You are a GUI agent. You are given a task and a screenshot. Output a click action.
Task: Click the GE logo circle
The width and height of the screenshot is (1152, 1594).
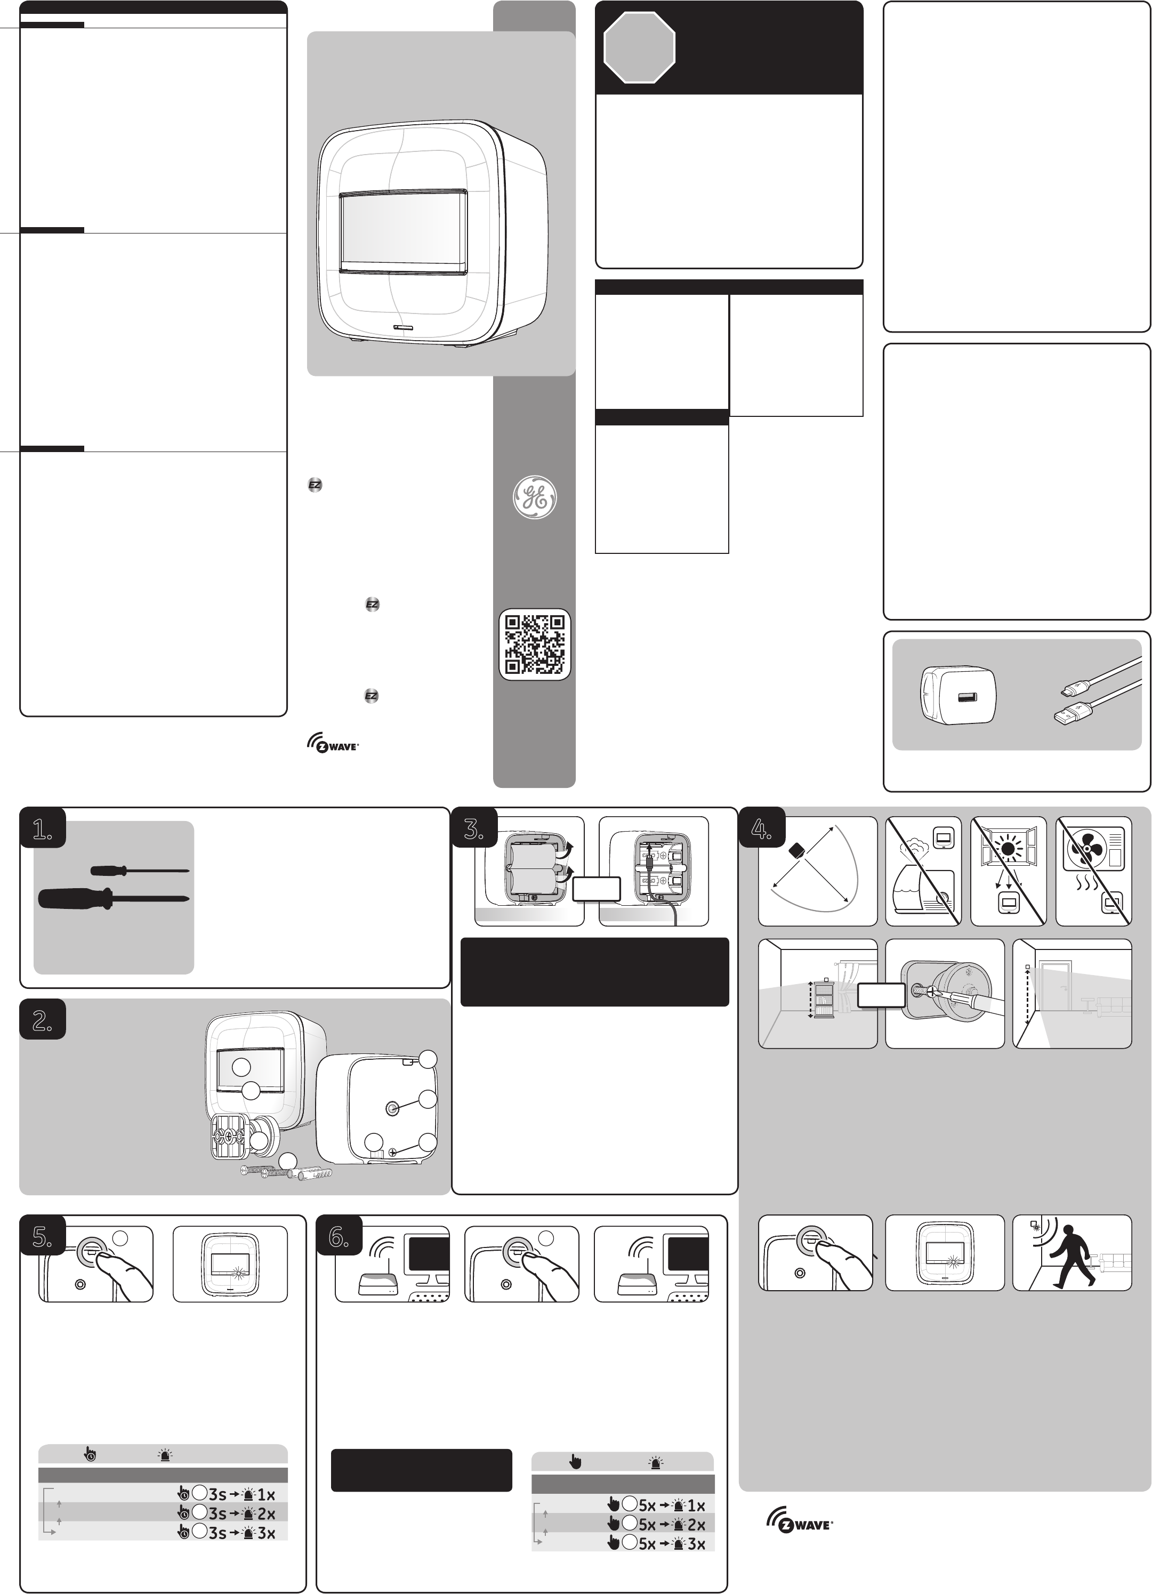[534, 497]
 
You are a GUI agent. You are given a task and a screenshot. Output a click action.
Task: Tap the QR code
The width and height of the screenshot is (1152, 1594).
[535, 645]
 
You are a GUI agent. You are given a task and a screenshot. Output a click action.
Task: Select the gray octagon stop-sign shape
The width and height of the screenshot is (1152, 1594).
[640, 48]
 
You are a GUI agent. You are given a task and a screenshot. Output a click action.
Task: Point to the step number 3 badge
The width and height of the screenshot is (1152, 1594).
[474, 830]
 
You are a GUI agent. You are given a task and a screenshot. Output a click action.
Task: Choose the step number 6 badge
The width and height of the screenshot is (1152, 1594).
[339, 1238]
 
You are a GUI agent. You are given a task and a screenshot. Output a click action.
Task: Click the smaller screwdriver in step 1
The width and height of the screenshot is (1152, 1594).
[140, 871]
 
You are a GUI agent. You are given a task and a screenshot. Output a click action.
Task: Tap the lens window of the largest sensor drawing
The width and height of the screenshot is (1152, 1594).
[402, 231]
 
